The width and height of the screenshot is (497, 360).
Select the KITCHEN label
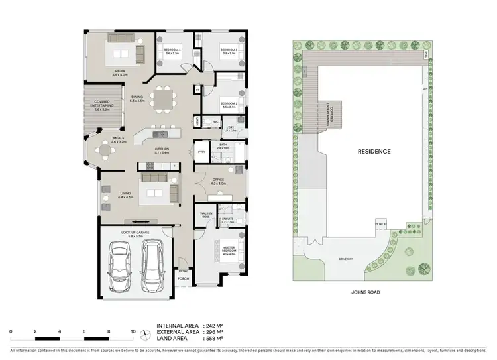(161, 150)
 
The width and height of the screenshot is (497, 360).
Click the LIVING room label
(125, 195)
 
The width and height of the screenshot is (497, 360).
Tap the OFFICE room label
(218, 181)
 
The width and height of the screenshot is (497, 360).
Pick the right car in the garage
(153, 260)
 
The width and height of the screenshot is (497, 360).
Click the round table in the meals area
(107, 151)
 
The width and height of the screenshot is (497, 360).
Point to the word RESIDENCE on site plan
(374, 152)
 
